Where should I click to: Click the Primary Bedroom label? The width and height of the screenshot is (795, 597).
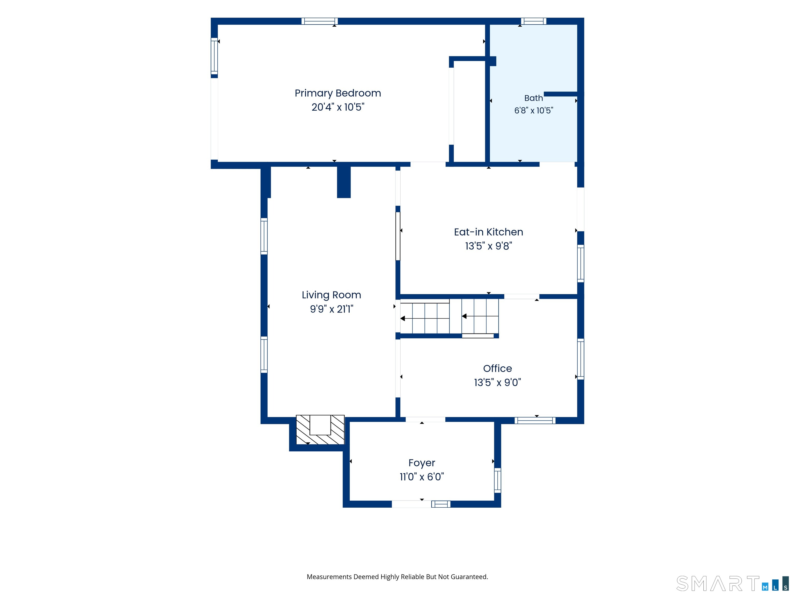tap(338, 94)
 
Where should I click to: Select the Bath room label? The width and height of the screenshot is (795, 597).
tap(533, 98)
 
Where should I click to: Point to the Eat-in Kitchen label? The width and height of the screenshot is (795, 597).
tap(488, 232)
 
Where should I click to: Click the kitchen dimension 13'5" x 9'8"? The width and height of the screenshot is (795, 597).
tap(488, 246)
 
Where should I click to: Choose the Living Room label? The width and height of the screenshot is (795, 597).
tap(331, 295)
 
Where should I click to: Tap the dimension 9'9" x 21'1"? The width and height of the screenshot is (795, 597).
tap(331, 309)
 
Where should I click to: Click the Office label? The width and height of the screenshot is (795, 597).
tap(497, 368)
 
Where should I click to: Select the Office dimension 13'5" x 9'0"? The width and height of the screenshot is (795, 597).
tap(497, 382)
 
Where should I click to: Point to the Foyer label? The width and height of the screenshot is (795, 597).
tap(422, 463)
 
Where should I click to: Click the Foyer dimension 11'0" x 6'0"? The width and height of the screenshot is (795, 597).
tap(422, 477)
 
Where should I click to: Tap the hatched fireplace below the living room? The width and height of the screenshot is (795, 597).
tap(320, 430)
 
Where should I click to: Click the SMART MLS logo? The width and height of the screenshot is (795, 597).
tap(732, 584)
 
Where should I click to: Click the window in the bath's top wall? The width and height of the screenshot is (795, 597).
tap(533, 21)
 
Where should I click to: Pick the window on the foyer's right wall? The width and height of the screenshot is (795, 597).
tap(497, 480)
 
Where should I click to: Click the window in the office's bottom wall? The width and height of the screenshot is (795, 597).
tap(535, 420)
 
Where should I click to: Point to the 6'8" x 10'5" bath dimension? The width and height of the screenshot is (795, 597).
tap(534, 110)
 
